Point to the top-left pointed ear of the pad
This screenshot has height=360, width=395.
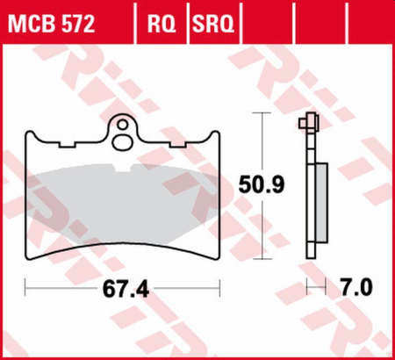pos(27,134)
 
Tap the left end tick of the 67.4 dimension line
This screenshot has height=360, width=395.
pos(25,288)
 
